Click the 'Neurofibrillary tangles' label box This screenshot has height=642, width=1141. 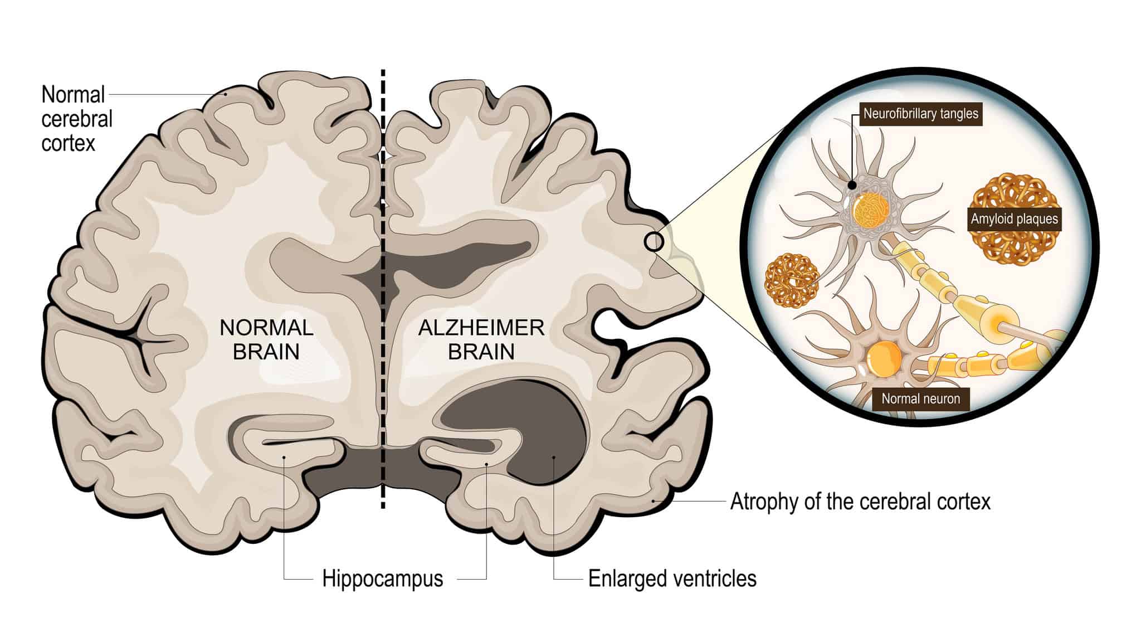(x=920, y=114)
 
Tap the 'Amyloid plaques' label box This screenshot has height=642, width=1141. (x=1014, y=219)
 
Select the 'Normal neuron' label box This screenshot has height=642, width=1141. (x=920, y=399)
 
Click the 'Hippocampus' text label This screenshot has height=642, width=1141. (x=382, y=579)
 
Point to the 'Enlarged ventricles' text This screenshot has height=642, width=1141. (x=672, y=579)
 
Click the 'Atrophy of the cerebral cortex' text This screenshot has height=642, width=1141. (x=860, y=502)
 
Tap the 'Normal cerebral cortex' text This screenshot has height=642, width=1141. (x=76, y=119)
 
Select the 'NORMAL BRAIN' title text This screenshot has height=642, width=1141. (x=266, y=339)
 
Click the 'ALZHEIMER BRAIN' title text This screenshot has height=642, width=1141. (x=481, y=339)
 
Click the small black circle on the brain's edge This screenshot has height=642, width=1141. (x=654, y=242)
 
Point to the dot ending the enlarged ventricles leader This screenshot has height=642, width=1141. (x=554, y=458)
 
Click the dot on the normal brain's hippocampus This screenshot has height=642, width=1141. (x=284, y=458)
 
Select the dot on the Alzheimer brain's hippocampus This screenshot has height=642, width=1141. (x=486, y=464)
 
